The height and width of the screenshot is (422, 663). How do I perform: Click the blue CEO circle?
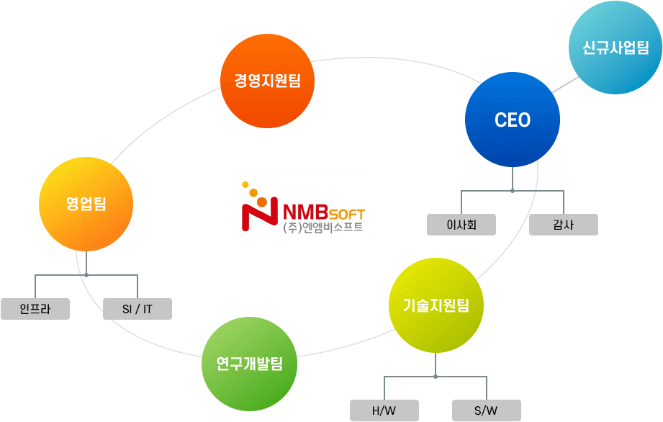(x=513, y=120)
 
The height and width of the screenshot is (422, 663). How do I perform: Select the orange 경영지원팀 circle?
(x=267, y=81)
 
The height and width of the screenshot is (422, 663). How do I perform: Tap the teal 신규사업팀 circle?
(x=615, y=48)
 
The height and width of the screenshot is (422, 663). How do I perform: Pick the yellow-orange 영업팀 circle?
(x=86, y=204)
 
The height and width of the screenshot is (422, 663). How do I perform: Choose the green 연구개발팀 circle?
(x=249, y=364)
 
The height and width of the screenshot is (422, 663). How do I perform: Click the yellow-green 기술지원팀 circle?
(x=436, y=305)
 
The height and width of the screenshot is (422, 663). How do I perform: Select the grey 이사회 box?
(x=461, y=225)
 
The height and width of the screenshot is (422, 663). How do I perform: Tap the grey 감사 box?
(x=563, y=225)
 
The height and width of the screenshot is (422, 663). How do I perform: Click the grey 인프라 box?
(x=35, y=309)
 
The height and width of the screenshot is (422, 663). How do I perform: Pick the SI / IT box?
(x=137, y=309)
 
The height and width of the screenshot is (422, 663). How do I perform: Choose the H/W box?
(x=384, y=411)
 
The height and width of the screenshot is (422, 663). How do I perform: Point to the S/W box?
(x=486, y=411)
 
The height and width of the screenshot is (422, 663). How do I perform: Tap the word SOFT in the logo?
(x=348, y=215)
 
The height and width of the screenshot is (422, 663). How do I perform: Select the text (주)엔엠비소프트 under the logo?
(x=323, y=228)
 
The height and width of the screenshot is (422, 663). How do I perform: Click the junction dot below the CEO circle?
(x=513, y=191)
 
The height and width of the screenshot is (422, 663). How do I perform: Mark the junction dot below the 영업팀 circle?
(x=86, y=274)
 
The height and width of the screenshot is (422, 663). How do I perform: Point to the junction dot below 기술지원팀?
(x=436, y=377)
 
